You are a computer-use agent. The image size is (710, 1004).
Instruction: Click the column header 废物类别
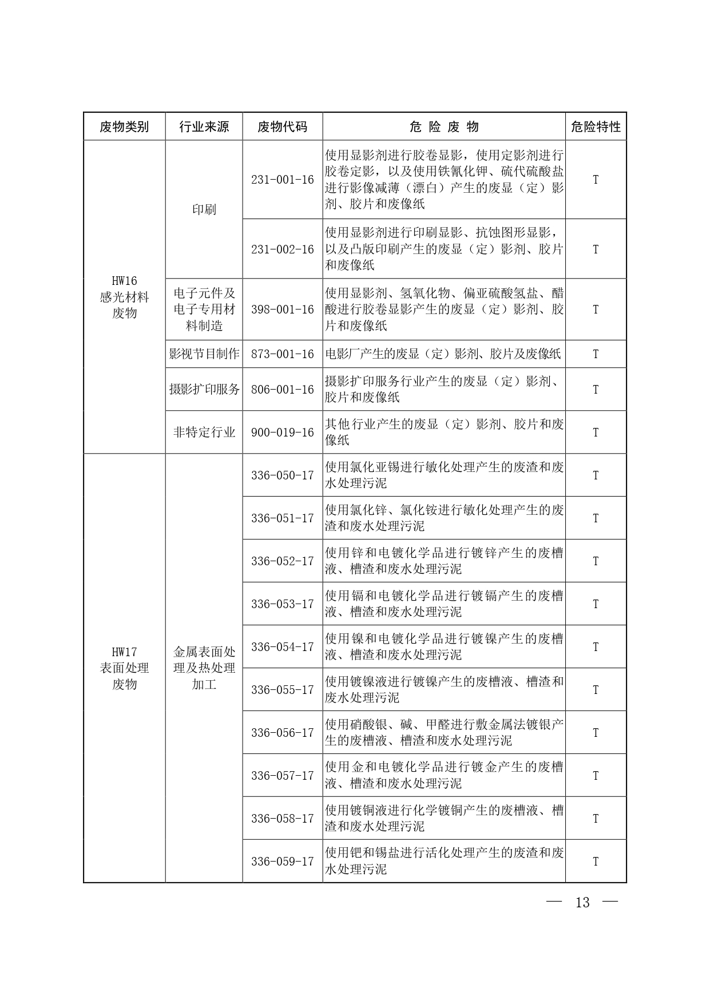click(124, 126)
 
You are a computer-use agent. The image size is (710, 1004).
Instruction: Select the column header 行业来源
click(204, 126)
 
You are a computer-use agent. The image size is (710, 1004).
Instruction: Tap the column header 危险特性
click(596, 126)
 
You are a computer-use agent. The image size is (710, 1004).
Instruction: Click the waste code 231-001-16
click(283, 180)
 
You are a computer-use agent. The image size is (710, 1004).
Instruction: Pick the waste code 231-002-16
click(283, 249)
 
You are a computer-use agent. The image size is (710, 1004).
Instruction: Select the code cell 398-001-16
click(283, 309)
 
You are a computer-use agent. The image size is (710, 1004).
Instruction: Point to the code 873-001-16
click(283, 354)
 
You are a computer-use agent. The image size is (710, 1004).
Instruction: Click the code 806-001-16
click(283, 390)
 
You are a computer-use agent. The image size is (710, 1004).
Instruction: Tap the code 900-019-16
click(283, 432)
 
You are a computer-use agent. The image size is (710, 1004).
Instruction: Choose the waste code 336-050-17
click(283, 475)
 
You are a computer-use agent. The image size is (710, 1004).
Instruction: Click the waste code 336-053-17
click(283, 604)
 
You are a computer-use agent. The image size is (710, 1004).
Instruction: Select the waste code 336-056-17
click(283, 733)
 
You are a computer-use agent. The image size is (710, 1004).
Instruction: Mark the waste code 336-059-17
click(283, 862)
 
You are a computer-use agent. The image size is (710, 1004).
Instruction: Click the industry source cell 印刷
click(204, 209)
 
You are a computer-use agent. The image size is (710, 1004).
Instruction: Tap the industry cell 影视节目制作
click(204, 354)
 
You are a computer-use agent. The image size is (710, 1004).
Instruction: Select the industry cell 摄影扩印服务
click(204, 390)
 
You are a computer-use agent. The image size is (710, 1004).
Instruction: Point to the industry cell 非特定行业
click(204, 432)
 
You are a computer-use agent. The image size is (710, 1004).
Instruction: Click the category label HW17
click(124, 652)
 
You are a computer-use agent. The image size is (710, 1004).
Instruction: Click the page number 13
click(582, 903)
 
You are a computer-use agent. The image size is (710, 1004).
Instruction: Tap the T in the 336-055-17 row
click(596, 690)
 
